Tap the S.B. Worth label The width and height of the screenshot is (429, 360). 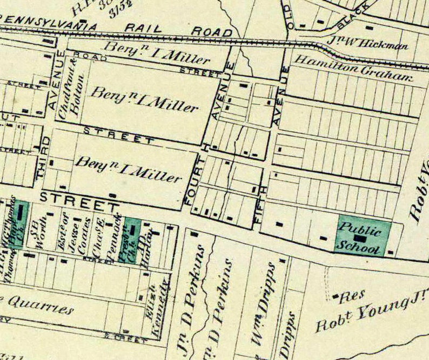35,234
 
